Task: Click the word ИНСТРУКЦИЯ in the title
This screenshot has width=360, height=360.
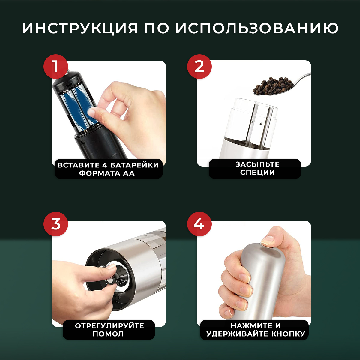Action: click(x=80, y=28)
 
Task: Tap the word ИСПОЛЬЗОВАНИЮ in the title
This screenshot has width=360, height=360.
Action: click(x=257, y=28)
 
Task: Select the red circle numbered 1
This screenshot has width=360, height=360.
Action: click(x=56, y=67)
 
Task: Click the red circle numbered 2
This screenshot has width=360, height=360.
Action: click(x=199, y=67)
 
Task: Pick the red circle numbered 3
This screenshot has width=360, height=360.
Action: click(x=56, y=224)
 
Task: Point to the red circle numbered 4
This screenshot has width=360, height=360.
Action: click(x=199, y=224)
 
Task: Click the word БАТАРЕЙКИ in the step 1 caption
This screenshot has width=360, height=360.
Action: click(x=134, y=165)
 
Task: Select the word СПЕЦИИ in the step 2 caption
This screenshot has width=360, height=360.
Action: click(x=258, y=172)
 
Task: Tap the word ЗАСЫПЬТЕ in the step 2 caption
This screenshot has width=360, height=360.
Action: click(x=258, y=164)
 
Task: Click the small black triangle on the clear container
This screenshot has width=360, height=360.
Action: click(x=261, y=124)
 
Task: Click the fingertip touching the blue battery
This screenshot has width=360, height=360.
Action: click(x=91, y=112)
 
